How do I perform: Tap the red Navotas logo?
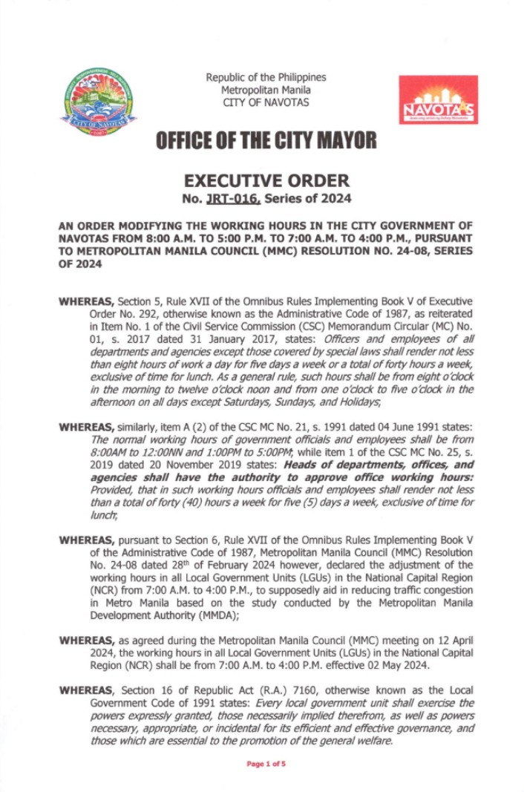pos(437,99)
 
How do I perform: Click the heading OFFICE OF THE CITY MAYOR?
pos(265,140)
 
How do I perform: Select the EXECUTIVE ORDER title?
pos(266,180)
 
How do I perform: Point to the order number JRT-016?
pos(226,198)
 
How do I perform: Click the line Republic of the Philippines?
pos(266,77)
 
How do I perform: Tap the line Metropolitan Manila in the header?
pos(266,90)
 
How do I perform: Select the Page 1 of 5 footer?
pos(266,763)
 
